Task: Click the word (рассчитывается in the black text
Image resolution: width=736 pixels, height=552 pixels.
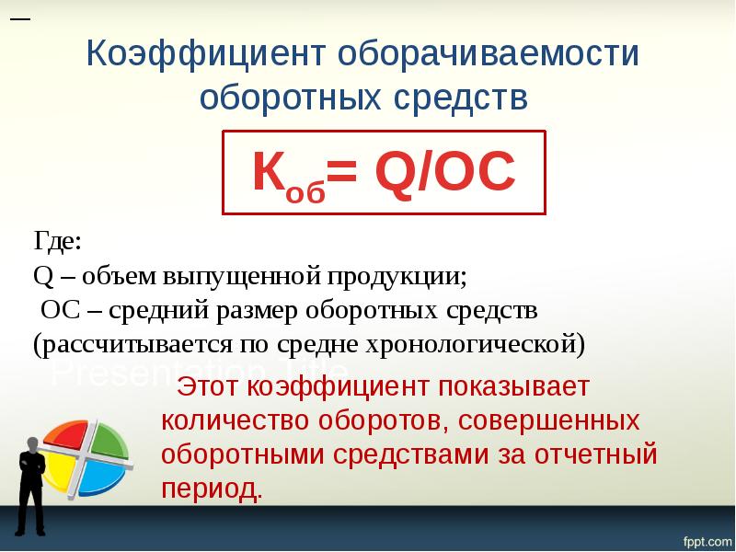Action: [x=107, y=345]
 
